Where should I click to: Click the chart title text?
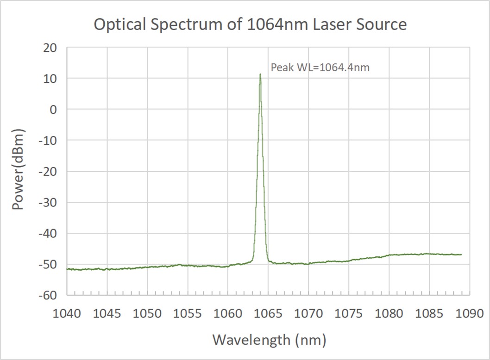pyautogui.click(x=250, y=24)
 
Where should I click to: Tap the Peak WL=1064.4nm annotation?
pyautogui.click(x=320, y=68)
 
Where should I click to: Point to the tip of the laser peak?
pyautogui.click(x=260, y=74)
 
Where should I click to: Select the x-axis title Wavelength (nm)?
pyautogui.click(x=269, y=340)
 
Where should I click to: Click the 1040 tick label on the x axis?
pyautogui.click(x=67, y=313)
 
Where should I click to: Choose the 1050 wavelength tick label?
pyautogui.click(x=148, y=313)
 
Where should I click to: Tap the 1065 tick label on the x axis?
pyautogui.click(x=269, y=313)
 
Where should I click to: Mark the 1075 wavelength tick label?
pyautogui.click(x=349, y=313)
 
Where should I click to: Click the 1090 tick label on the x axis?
pyautogui.click(x=469, y=313)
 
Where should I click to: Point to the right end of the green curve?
pyautogui.click(x=461, y=254)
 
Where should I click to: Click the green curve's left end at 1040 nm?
pyautogui.click(x=68, y=269)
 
